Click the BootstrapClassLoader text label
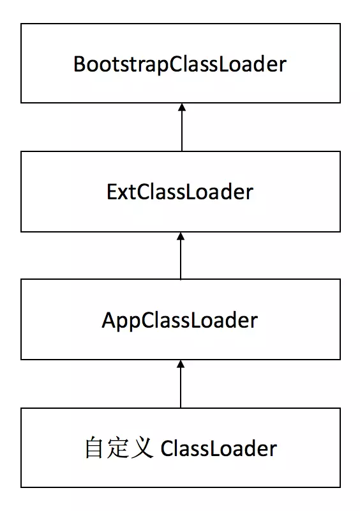[180, 65]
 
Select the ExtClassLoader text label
[180, 192]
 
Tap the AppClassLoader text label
[180, 321]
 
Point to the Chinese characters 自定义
[119, 448]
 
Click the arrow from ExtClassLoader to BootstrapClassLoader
[182, 127]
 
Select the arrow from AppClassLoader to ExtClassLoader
[181, 256]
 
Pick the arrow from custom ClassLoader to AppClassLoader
[181, 384]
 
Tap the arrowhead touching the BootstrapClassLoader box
[182, 107]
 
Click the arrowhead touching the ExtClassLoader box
[181, 236]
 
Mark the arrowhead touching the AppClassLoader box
[181, 364]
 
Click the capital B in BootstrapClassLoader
[80, 64]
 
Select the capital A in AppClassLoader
[109, 320]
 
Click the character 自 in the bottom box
[94, 448]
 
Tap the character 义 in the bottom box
[142, 448]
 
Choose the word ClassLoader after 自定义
[218, 448]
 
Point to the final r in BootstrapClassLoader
[282, 66]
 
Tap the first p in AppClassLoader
[123, 323]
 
